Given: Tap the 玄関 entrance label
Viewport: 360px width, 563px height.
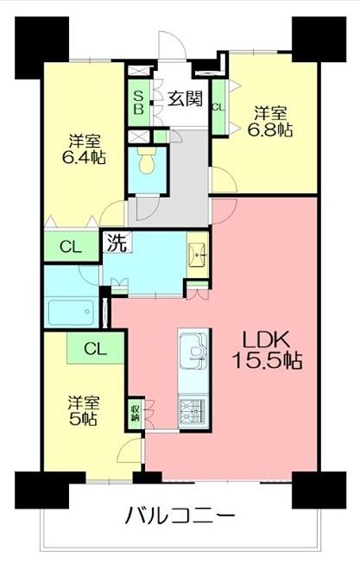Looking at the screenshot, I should pos(184,98).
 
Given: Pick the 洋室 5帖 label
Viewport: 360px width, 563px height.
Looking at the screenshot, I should pos(83,410).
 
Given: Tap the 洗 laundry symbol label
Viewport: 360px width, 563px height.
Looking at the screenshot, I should pos(116,243).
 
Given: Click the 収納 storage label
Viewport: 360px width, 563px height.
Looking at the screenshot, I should pos(135,411).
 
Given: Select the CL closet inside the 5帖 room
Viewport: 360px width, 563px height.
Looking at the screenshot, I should pos(95,350).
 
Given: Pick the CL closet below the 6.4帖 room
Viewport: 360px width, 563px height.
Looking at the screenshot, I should pos(71,247).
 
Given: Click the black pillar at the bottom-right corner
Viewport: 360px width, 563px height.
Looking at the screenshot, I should pos(313,490).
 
